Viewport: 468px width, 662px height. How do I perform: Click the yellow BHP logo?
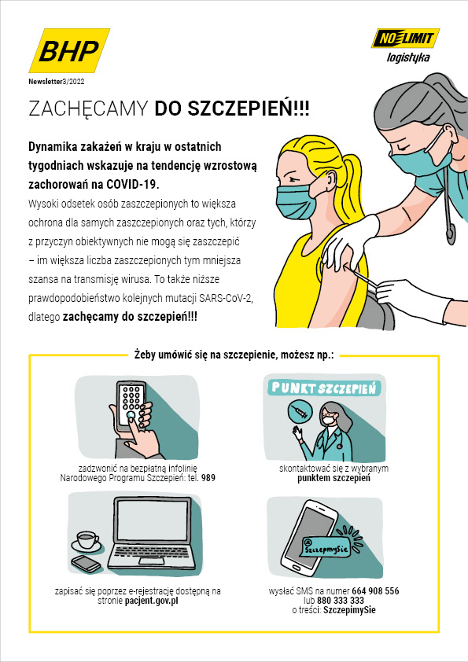(70, 50)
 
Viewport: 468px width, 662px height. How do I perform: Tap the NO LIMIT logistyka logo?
(406, 46)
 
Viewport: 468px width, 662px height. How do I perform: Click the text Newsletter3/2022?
(57, 82)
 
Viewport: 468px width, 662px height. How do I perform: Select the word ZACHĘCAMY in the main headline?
(88, 108)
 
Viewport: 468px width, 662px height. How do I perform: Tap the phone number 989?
(208, 478)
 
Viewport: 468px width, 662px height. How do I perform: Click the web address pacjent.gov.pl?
(152, 601)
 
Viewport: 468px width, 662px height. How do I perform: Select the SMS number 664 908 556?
(375, 591)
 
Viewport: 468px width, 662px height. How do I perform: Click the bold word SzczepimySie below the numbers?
(349, 610)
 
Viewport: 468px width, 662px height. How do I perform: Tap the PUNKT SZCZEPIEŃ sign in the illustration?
(323, 388)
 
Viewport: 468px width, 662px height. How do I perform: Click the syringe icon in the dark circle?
(298, 411)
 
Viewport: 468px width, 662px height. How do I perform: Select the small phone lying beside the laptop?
(87, 563)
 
